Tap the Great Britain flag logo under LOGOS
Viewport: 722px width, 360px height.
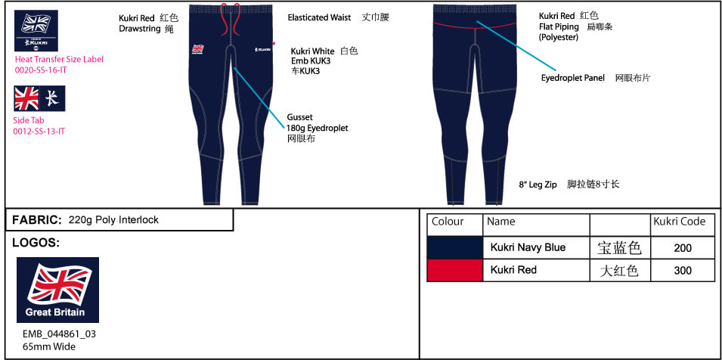pos(57,290)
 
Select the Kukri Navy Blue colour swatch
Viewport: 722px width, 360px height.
pos(455,247)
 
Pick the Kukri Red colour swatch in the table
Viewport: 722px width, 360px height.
pos(455,270)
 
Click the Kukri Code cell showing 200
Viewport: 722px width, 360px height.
pos(683,248)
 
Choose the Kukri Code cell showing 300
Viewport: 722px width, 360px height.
pos(683,270)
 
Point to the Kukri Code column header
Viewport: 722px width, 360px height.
pos(679,222)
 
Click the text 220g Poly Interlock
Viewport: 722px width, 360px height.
pos(113,220)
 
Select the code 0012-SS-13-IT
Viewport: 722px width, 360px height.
pos(39,131)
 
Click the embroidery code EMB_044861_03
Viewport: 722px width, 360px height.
pos(60,334)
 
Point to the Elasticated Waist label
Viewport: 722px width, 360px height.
pos(319,17)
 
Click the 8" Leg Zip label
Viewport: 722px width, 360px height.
pos(538,185)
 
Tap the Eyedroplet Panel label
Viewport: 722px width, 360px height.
pos(573,78)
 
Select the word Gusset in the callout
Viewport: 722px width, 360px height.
pos(299,118)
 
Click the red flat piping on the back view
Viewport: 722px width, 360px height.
pos(474,26)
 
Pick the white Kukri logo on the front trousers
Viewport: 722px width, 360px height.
pos(262,50)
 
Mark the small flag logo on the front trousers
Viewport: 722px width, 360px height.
pos(198,49)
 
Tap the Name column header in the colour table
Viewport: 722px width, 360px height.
pos(501,222)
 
